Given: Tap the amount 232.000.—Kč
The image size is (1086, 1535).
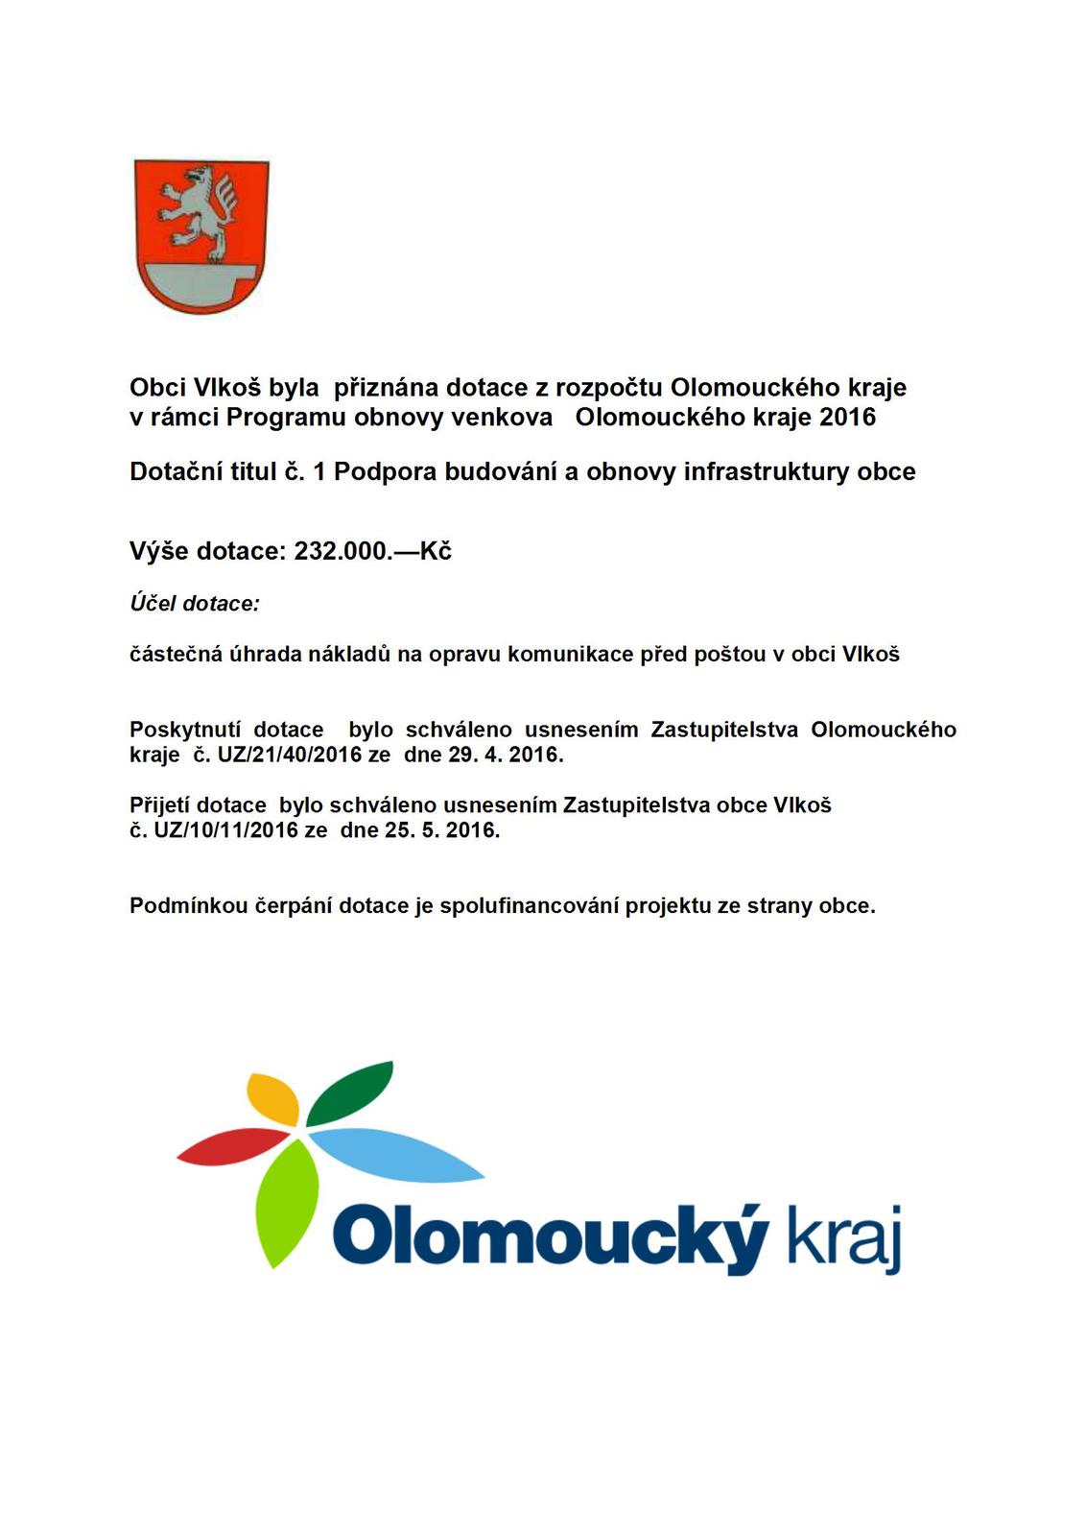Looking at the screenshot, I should [x=372, y=551].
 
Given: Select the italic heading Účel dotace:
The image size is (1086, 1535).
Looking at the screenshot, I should [x=195, y=604].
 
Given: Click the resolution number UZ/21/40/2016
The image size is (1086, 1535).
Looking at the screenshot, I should [x=276, y=755].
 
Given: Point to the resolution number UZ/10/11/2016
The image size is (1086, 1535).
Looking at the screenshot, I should [x=226, y=830].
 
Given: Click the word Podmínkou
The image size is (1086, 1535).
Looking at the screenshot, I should [x=188, y=906].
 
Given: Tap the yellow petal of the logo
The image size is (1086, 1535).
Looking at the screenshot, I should [x=272, y=1098].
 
